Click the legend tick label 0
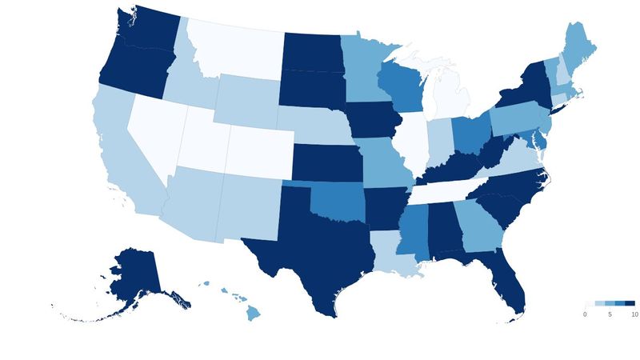[x=585, y=314]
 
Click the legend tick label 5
[x=610, y=314]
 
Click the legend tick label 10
[x=634, y=314]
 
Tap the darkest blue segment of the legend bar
[x=630, y=304]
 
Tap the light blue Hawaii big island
[x=253, y=311]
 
